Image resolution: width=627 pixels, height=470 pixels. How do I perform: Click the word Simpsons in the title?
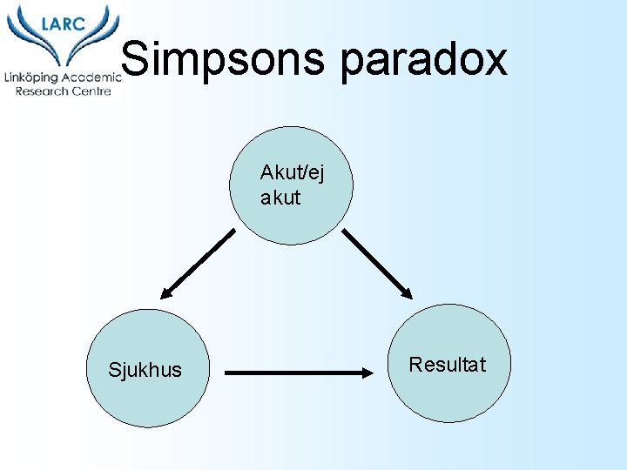click(x=223, y=59)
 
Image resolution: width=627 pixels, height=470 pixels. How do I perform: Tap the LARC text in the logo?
click(x=62, y=23)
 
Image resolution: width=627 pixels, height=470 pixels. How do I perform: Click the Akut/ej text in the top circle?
click(x=291, y=173)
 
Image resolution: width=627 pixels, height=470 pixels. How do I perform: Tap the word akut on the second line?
click(x=280, y=198)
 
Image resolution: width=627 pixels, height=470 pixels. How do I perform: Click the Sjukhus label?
click(x=145, y=370)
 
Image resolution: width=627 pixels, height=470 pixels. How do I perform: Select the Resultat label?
click(x=448, y=365)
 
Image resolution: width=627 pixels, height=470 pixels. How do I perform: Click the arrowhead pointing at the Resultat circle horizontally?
click(x=364, y=373)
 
